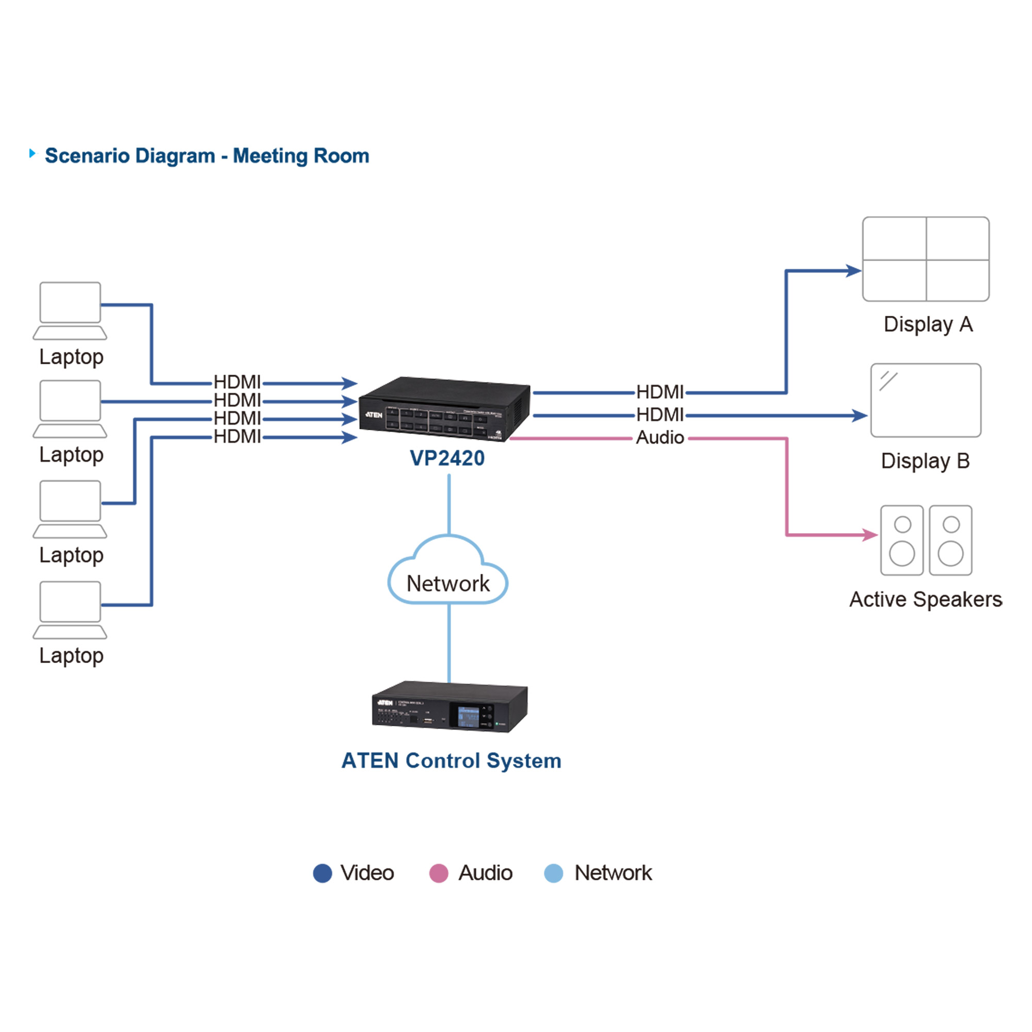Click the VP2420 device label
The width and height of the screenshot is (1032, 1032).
[x=447, y=458]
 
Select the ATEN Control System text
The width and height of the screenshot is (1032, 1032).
[x=451, y=761]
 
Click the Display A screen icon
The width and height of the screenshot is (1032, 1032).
[x=926, y=259]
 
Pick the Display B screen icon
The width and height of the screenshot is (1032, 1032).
[x=926, y=400]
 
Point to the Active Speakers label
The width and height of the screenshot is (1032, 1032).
[x=926, y=599]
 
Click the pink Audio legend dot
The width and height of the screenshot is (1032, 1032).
[x=439, y=874]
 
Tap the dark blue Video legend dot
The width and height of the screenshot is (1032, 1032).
[x=322, y=874]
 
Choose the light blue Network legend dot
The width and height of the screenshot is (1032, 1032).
[x=553, y=874]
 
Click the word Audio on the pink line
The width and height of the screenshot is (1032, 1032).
[x=659, y=438]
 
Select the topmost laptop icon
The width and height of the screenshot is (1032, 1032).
[x=70, y=310]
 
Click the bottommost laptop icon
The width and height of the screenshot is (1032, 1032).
[x=70, y=609]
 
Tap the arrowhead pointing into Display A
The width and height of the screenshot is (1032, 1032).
[x=853, y=271]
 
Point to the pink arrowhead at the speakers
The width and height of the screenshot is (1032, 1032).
[x=870, y=535]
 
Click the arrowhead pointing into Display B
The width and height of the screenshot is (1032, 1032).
[x=860, y=415]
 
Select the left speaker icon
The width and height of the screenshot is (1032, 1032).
[x=901, y=540]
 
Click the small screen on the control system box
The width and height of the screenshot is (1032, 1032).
[x=469, y=716]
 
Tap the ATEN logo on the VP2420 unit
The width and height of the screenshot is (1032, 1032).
[x=374, y=414]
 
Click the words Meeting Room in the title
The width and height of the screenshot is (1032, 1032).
[x=301, y=156]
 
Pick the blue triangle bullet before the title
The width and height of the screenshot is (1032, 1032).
[x=33, y=154]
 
